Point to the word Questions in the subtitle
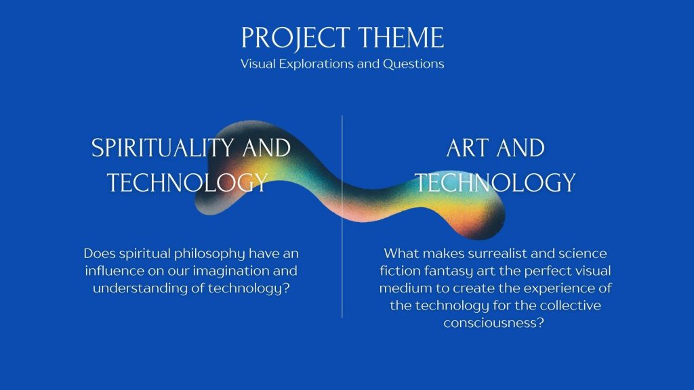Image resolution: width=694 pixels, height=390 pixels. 413,64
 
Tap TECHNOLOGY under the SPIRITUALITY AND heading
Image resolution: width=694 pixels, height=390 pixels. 188,183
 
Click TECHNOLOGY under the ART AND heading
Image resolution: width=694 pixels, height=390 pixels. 495,183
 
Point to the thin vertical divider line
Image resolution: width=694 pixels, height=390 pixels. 342,217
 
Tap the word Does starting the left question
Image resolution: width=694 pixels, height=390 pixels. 100,254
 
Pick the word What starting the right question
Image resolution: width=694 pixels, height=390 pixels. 401,254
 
